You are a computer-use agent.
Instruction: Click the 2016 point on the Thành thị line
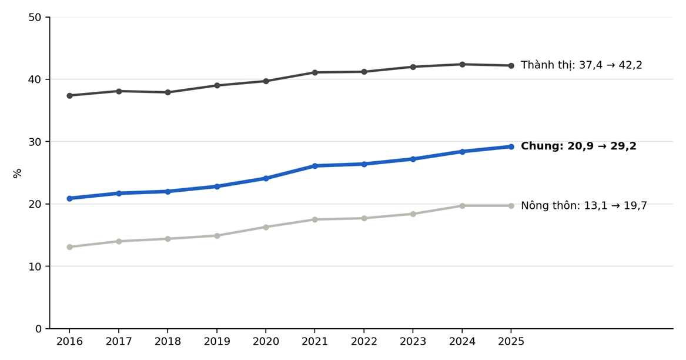pyautogui.click(x=69, y=95)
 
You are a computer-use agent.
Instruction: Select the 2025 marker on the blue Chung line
pyautogui.click(x=511, y=146)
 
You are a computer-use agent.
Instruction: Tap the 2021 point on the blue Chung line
pyautogui.click(x=315, y=166)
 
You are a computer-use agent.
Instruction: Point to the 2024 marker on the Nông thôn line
pyautogui.click(x=462, y=206)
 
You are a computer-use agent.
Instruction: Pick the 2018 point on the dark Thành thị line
pyautogui.click(x=168, y=92)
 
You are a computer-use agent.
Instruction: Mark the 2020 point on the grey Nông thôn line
pyautogui.click(x=266, y=227)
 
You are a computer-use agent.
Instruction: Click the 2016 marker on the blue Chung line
pyautogui.click(x=69, y=198)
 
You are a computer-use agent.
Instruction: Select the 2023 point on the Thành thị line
pyautogui.click(x=413, y=67)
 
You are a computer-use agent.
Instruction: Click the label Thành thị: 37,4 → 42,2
pyautogui.click(x=581, y=65)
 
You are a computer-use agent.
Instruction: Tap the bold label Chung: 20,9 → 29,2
pyautogui.click(x=578, y=146)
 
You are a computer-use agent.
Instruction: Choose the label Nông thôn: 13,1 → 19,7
pyautogui.click(x=584, y=205)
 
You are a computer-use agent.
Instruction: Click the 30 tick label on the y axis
pyautogui.click(x=35, y=142)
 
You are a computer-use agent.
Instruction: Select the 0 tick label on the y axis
pyautogui.click(x=38, y=328)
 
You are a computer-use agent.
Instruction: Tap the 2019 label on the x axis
pyautogui.click(x=216, y=342)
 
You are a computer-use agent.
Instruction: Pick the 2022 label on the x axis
pyautogui.click(x=364, y=342)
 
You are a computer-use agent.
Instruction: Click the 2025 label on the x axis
pyautogui.click(x=511, y=342)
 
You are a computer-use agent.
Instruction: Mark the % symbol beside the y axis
pyautogui.click(x=18, y=173)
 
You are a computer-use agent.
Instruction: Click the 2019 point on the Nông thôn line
pyautogui.click(x=216, y=236)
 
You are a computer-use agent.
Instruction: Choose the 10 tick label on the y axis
pyautogui.click(x=35, y=266)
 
